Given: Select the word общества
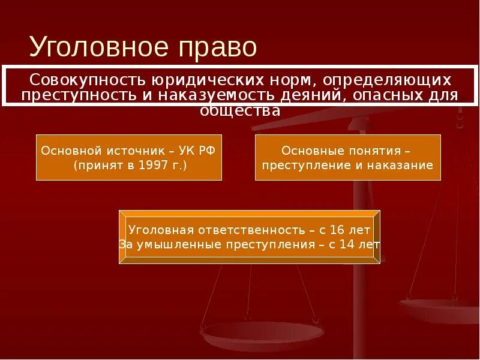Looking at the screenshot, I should coord(239,110).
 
